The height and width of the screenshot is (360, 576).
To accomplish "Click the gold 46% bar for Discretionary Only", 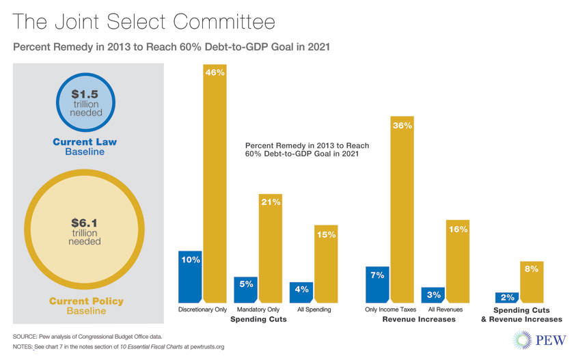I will coord(215,184).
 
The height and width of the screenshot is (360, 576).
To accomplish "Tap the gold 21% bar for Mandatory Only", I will coord(271,249).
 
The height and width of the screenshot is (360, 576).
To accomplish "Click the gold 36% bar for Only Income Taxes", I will coord(402,212).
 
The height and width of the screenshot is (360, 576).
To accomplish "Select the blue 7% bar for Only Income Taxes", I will coord(377,284).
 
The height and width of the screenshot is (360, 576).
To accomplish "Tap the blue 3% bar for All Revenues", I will coord(433,294).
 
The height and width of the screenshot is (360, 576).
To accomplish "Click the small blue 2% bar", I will coord(506,297).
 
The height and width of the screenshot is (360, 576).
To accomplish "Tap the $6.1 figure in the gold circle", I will coord(85,223).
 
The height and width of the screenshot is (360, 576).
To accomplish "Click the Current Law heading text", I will coord(85,142).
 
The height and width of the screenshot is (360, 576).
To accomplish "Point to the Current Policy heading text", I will coord(86,301).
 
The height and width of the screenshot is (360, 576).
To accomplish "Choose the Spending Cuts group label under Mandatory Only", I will coord(258,320).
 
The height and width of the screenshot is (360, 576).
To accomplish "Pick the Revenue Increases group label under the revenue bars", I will coord(417,320).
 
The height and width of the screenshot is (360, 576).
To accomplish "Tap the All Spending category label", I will coord(314,309).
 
